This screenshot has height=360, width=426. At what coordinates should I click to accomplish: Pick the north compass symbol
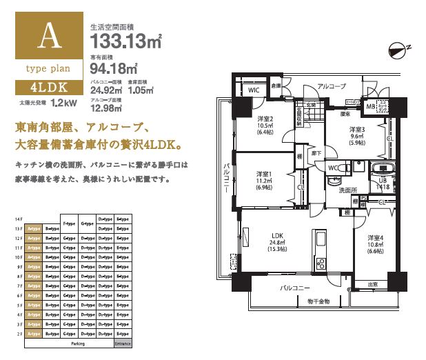[398, 49]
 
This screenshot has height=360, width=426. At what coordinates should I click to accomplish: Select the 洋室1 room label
[265, 173]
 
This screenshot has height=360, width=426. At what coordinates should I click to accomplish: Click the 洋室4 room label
[374, 237]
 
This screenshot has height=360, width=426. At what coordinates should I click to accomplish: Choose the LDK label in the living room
[278, 235]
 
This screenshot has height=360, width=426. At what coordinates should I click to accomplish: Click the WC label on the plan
[333, 168]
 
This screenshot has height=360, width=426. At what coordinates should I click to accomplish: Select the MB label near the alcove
[370, 106]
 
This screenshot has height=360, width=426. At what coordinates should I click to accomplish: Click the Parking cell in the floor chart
[78, 343]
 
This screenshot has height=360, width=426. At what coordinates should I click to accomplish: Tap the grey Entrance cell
[123, 343]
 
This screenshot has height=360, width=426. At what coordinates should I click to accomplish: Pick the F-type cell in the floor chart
[69, 223]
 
